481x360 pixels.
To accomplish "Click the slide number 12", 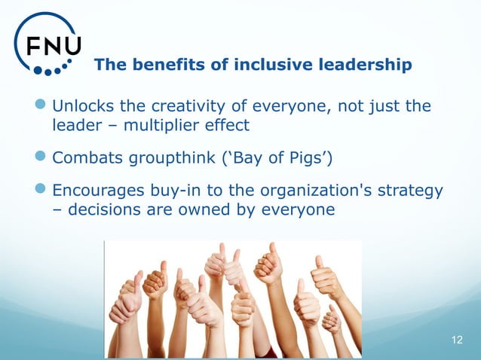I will point(457,340).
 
